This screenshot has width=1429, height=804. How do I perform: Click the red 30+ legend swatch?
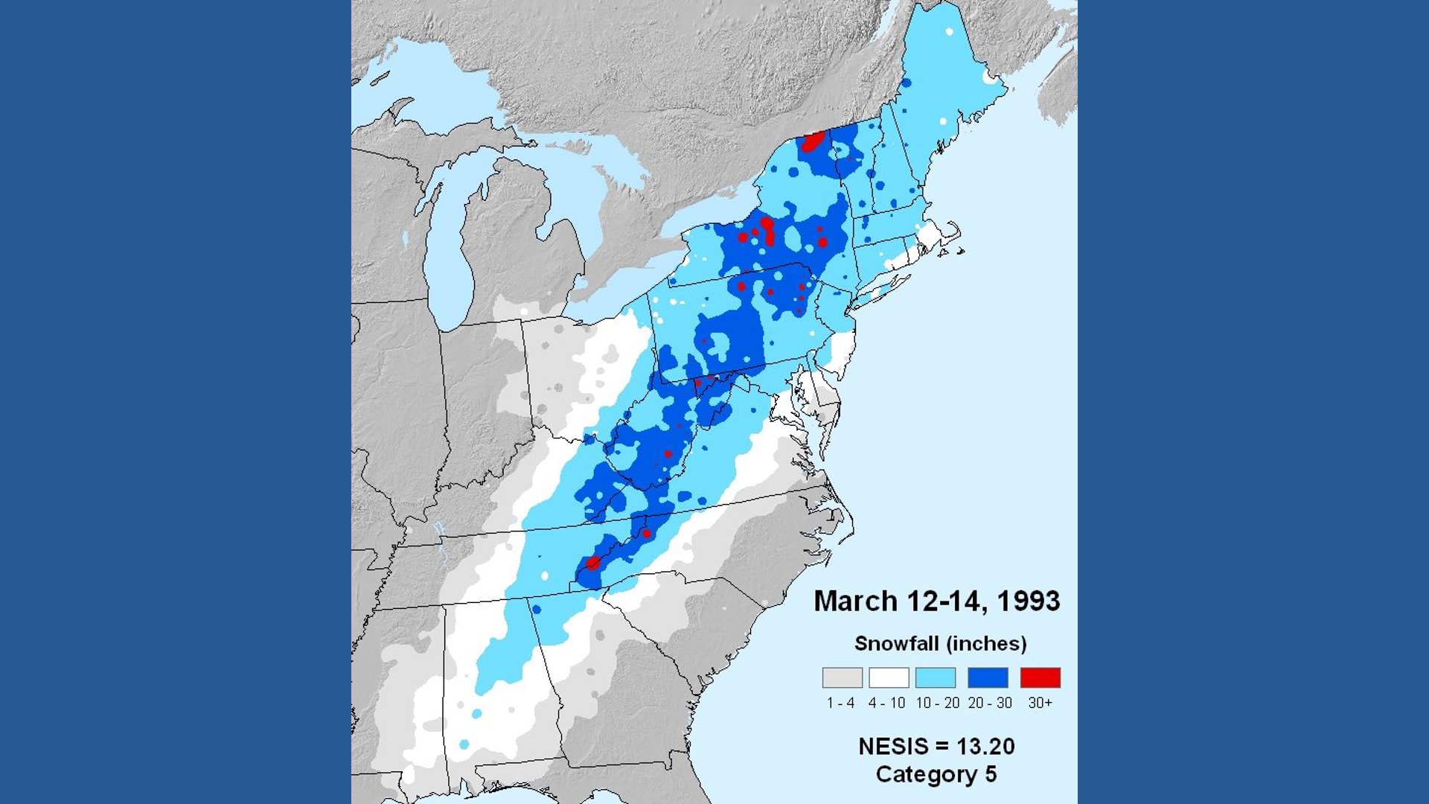pyautogui.click(x=1040, y=677)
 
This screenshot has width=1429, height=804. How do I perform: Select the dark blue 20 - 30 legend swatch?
pyautogui.click(x=988, y=677)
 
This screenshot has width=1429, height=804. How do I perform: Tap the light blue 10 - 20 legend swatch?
pyautogui.click(x=936, y=677)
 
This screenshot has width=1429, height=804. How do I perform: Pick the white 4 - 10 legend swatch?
pyautogui.click(x=889, y=677)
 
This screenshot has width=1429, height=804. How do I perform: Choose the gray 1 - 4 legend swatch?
pyautogui.click(x=842, y=677)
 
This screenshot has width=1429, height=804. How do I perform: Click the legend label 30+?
pyautogui.click(x=1040, y=703)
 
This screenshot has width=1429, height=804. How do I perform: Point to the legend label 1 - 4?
pyautogui.click(x=841, y=703)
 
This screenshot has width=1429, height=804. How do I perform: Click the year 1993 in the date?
pyautogui.click(x=1028, y=601)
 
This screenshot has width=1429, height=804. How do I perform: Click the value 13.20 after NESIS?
pyautogui.click(x=985, y=746)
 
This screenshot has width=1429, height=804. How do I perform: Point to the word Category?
pyautogui.click(x=927, y=774)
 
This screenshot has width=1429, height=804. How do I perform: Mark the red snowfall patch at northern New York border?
pyautogui.click(x=812, y=141)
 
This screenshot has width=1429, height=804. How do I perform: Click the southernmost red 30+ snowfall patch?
pyautogui.click(x=592, y=563)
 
